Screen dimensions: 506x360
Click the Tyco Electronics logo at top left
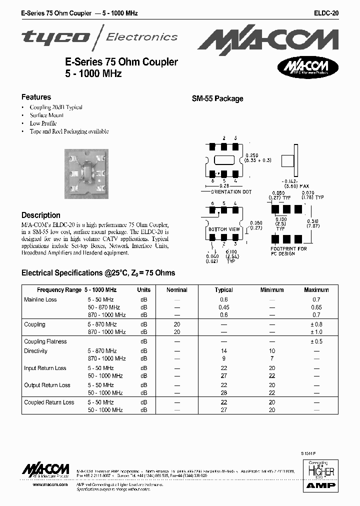tap(99, 36)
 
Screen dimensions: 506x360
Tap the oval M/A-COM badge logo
tap(308, 67)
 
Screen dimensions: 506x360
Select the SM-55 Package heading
tap(217, 98)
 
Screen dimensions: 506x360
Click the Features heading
tap(36, 97)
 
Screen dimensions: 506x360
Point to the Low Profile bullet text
tap(43, 123)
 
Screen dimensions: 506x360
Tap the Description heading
tap(41, 215)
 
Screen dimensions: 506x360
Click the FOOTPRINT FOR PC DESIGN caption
tap(288, 251)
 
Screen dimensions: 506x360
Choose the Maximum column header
tap(316, 289)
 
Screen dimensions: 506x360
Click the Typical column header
tap(223, 289)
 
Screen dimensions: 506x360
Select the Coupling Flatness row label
tap(45, 341)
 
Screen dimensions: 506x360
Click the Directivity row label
tap(36, 351)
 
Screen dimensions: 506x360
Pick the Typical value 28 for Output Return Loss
tap(223, 392)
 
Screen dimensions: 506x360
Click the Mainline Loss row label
tap(40, 299)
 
